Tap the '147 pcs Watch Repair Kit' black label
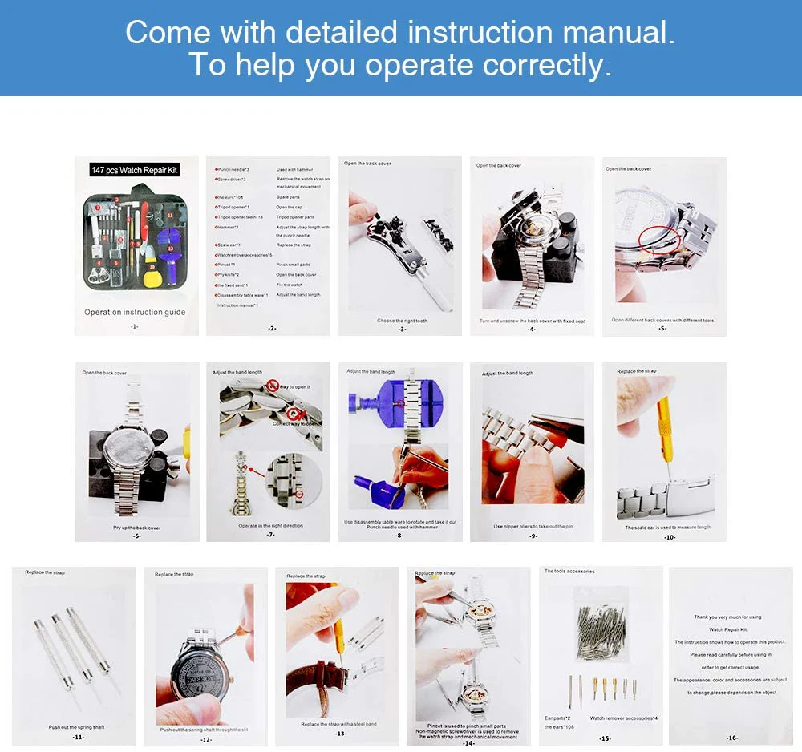coord(135,170)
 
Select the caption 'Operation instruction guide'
coord(135,312)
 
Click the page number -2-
coord(272,328)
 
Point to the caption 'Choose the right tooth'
coord(402,321)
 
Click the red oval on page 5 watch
coord(658,239)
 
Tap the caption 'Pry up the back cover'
coord(136,528)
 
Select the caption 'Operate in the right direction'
coord(270,526)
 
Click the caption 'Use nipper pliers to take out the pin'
coord(532,527)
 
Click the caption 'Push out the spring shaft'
coord(76,727)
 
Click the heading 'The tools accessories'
coord(569,572)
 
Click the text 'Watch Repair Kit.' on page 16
coord(729,629)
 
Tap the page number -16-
coord(731,738)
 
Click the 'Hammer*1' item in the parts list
coord(228,227)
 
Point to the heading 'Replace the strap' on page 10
coord(637,371)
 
